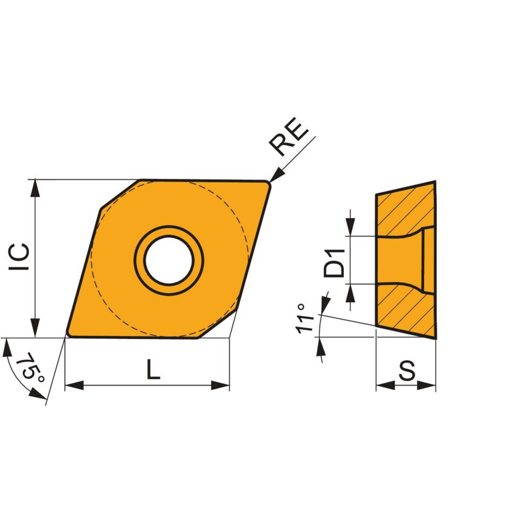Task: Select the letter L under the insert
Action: (153, 369)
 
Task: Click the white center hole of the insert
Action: (169, 260)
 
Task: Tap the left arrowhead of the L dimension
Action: (73, 385)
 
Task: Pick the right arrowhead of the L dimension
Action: (221, 385)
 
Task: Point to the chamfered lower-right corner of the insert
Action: (216, 326)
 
